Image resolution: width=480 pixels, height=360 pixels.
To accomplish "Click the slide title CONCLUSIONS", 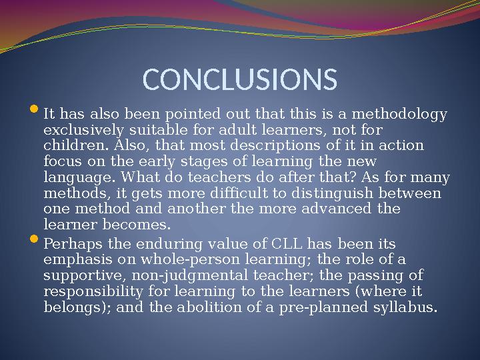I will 240,79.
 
